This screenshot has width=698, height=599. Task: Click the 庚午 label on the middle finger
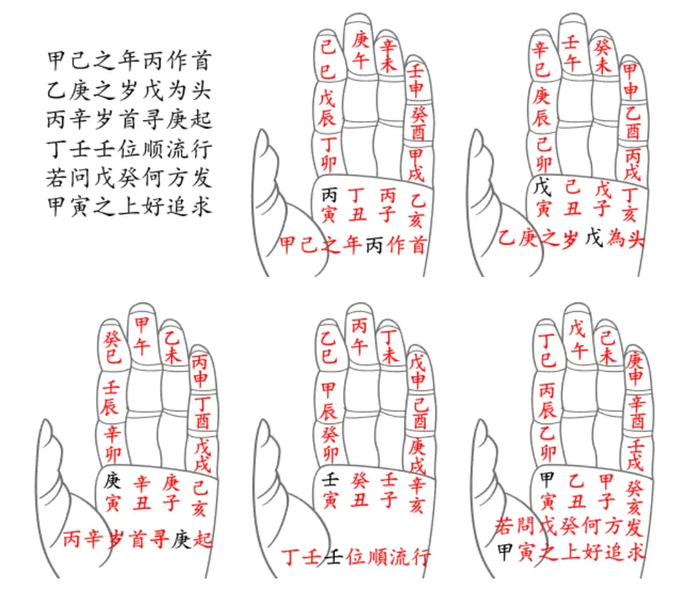(x=360, y=50)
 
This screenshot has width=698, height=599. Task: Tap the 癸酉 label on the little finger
(x=418, y=123)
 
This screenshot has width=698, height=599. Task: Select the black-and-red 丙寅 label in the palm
(x=329, y=205)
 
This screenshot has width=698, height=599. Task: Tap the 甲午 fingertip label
(x=142, y=335)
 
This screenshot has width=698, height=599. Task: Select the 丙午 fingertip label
(x=359, y=336)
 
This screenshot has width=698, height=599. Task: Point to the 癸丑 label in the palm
(x=359, y=490)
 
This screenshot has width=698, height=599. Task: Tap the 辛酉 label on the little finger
(x=637, y=413)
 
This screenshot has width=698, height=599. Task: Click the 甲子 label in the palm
(x=606, y=491)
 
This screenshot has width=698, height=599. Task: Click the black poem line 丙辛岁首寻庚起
(x=129, y=120)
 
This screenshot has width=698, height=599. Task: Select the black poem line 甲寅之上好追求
(x=129, y=206)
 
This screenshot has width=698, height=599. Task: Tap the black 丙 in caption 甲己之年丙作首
(x=374, y=245)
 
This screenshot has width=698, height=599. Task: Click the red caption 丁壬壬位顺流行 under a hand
(x=355, y=557)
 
